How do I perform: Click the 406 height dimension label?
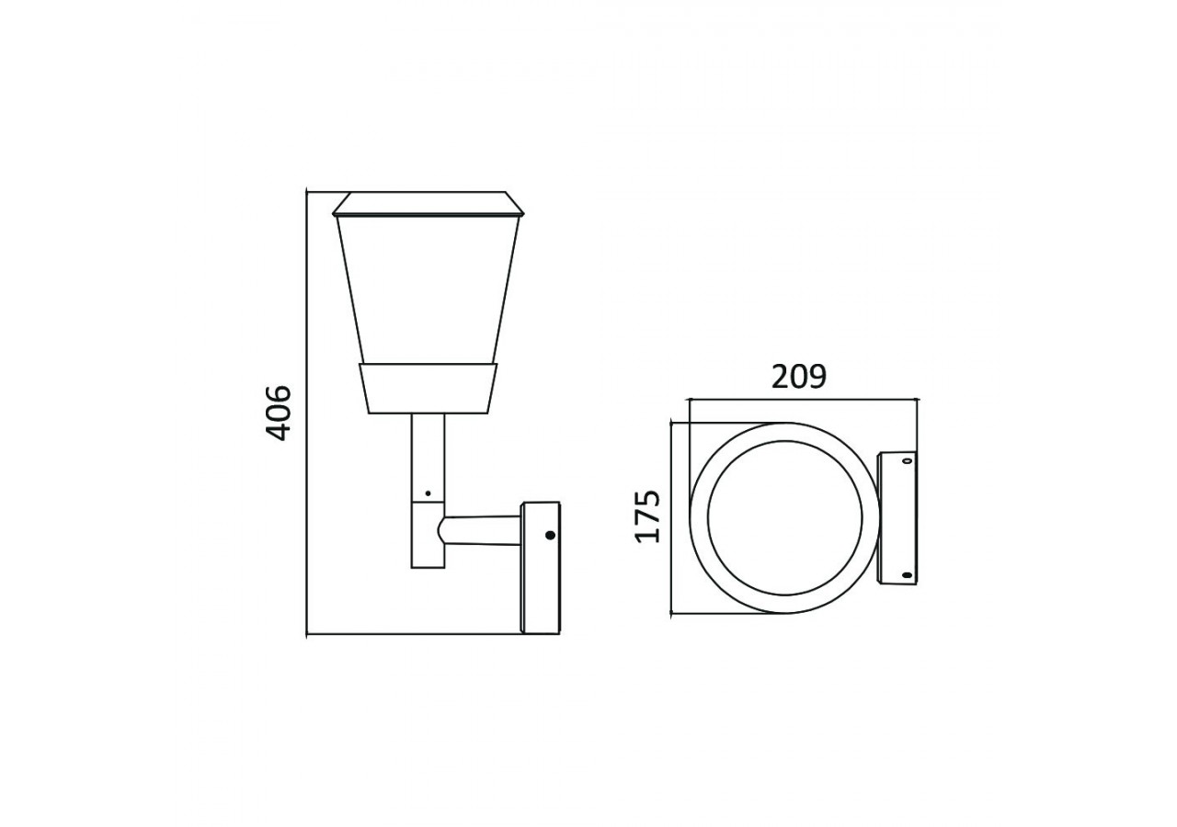(x=278, y=413)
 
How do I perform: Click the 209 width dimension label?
(x=799, y=377)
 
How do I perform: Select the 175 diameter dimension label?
(x=647, y=516)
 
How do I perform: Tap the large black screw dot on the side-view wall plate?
(x=550, y=535)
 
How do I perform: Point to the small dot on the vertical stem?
(x=428, y=493)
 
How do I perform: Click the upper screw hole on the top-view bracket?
(x=907, y=461)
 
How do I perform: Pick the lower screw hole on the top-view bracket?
(x=907, y=575)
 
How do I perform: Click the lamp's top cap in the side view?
(x=429, y=204)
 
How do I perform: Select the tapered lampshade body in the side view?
(x=429, y=289)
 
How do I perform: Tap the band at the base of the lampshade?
(x=429, y=389)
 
